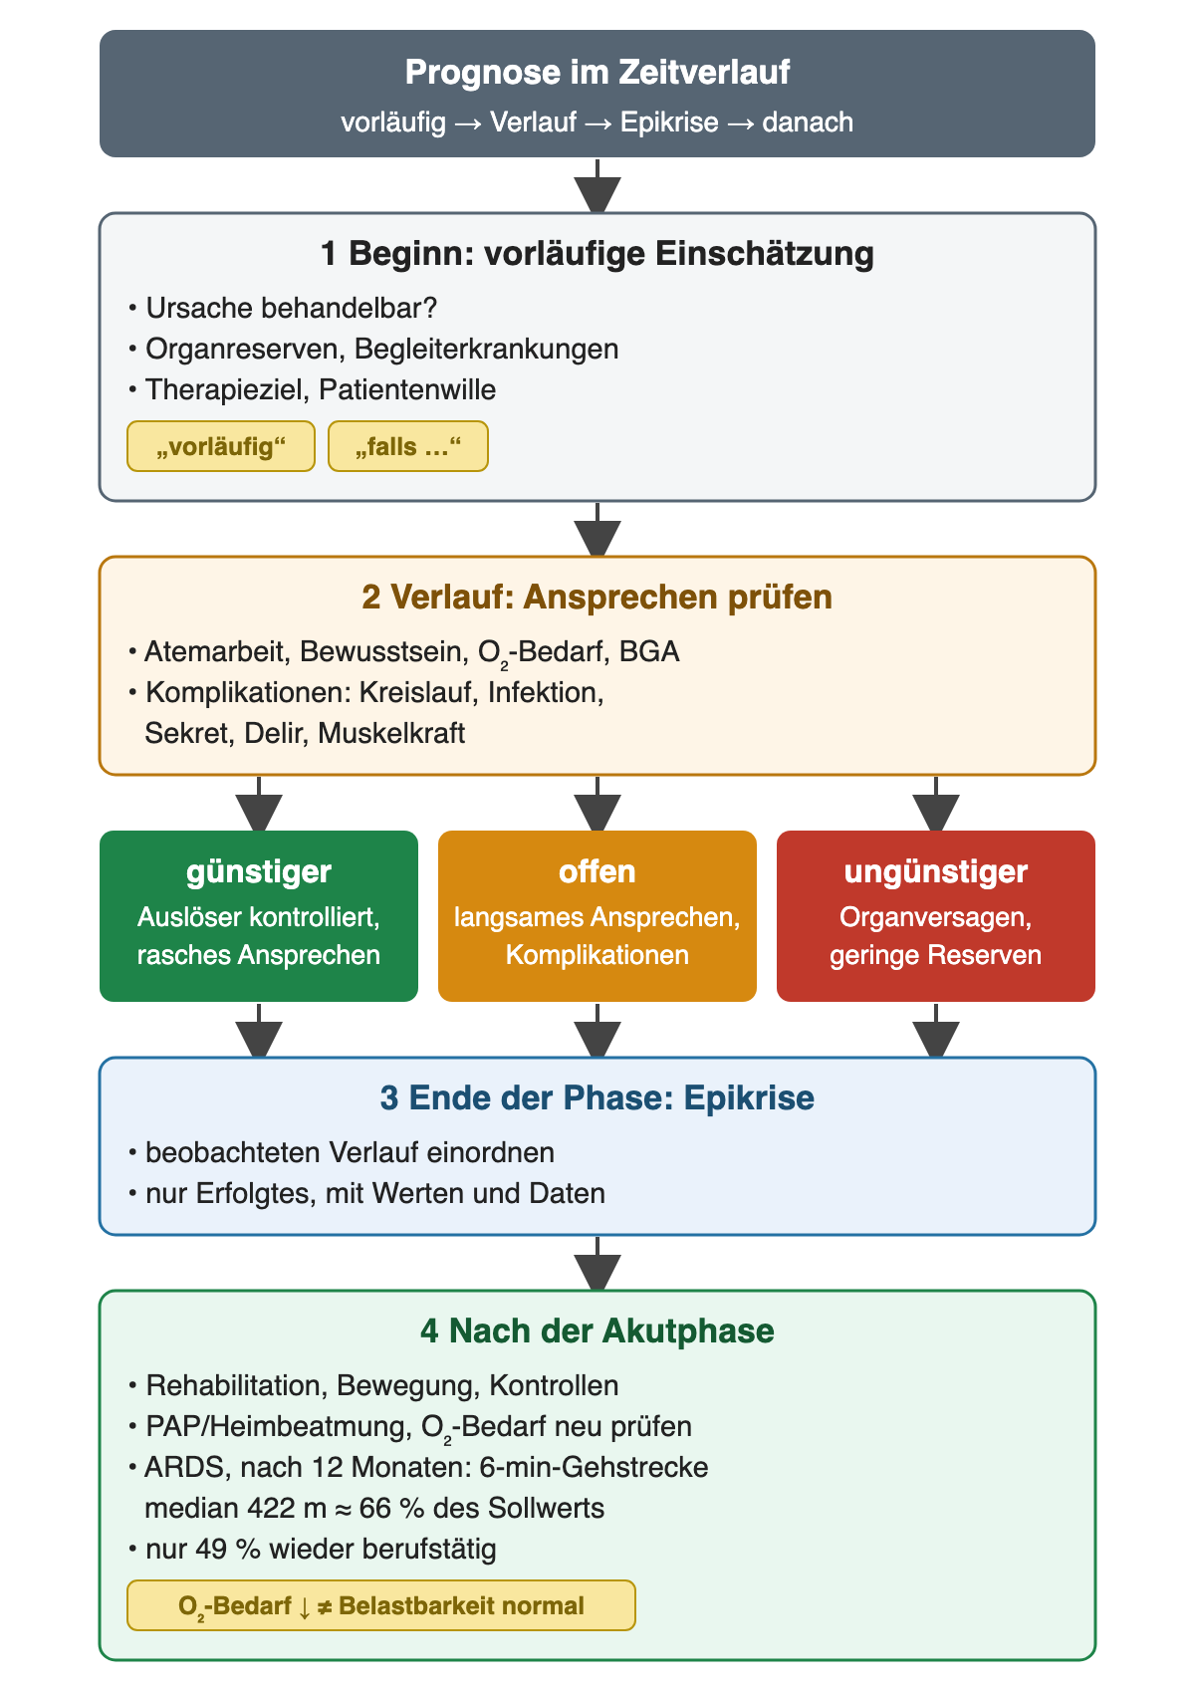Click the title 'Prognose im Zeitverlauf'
(597, 73)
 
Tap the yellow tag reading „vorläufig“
(221, 446)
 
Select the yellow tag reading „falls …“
(408, 446)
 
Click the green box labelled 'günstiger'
(259, 916)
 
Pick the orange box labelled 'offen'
(597, 916)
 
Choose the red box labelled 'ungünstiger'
(935, 916)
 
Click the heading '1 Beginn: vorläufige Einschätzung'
(597, 254)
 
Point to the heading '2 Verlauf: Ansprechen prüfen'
(597, 597)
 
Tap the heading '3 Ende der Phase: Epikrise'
(597, 1097)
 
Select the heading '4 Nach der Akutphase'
(597, 1330)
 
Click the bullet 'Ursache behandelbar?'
(283, 308)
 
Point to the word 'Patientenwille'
(407, 390)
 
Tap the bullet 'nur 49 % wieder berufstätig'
(313, 1549)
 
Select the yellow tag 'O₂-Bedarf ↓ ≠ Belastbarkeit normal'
(381, 1605)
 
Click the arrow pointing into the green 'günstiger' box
(259, 804)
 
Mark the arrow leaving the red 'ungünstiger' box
(935, 1031)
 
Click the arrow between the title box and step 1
(597, 186)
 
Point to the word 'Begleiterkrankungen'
(487, 350)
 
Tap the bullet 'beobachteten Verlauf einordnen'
(341, 1153)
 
